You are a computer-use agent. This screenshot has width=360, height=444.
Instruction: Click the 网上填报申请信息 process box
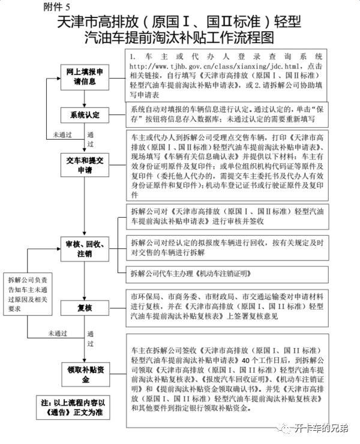(85, 77)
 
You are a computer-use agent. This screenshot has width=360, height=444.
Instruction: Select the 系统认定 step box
(85, 115)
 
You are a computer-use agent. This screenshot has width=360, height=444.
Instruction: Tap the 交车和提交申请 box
(85, 165)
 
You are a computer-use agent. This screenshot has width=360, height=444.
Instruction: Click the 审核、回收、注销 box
(85, 249)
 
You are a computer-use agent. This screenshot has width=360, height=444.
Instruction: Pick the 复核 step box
(85, 308)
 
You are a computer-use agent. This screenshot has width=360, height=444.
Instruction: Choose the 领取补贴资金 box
(86, 374)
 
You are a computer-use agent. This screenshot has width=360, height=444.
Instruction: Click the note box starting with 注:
(73, 407)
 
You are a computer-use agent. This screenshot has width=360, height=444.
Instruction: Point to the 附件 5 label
(56, 7)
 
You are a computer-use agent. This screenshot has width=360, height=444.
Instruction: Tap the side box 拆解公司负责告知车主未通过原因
(28, 294)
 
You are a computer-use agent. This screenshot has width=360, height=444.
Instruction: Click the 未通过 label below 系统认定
(62, 135)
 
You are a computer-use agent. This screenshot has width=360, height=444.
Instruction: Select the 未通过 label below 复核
(58, 334)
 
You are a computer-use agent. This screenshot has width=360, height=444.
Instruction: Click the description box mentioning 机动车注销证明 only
(227, 274)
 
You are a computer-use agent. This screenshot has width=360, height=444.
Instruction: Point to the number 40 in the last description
(246, 360)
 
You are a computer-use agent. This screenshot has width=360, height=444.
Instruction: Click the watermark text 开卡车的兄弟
(321, 428)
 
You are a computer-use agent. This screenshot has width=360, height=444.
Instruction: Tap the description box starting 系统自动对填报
(227, 115)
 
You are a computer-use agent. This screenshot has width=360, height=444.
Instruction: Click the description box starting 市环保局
(227, 308)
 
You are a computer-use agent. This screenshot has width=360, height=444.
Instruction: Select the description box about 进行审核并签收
(227, 217)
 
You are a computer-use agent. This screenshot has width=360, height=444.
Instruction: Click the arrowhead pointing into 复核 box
(85, 298)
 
